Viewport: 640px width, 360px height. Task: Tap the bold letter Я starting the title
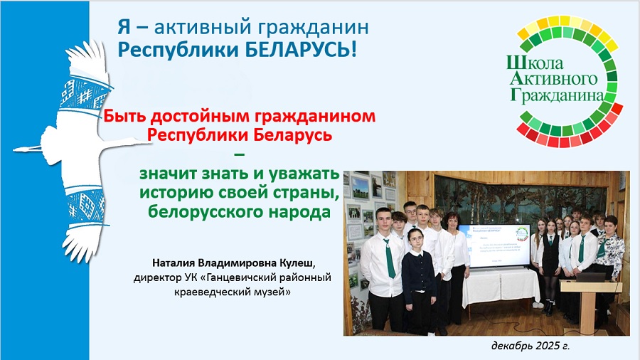pyautogui.click(x=124, y=27)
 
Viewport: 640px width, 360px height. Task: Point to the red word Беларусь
pyautogui.click(x=293, y=134)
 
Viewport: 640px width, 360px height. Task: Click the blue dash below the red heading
pyautogui.click(x=239, y=154)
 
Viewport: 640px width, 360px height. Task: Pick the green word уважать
pyautogui.click(x=304, y=174)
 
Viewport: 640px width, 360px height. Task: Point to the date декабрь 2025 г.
pyautogui.click(x=530, y=346)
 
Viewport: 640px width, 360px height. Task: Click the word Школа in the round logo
pyautogui.click(x=535, y=63)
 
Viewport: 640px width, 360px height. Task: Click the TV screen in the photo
pyautogui.click(x=495, y=245)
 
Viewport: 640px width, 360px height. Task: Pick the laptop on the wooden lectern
pyautogui.click(x=590, y=278)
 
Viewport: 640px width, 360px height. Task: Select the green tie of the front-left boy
pyautogui.click(x=390, y=258)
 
